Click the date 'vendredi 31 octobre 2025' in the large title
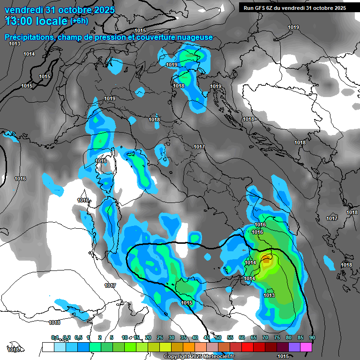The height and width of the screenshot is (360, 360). (x=60, y=10)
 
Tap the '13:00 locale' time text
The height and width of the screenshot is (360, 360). (x=36, y=21)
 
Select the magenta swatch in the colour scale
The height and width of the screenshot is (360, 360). (x=306, y=347)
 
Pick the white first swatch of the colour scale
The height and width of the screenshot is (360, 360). (x=48, y=347)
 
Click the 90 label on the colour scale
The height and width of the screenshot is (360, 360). (x=312, y=337)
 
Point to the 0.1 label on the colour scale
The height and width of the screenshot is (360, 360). (x=55, y=337)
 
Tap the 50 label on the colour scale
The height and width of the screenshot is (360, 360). (x=218, y=337)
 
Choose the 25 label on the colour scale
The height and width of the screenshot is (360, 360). (x=160, y=337)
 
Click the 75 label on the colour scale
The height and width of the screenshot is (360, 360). (x=277, y=337)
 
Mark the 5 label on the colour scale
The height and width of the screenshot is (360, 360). (x=112, y=337)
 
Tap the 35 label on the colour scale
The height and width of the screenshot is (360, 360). (x=183, y=337)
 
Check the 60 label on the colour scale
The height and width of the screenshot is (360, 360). (x=242, y=337)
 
